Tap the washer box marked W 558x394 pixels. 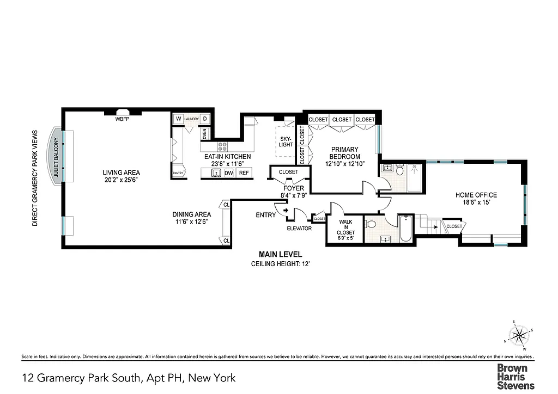[x=178, y=119]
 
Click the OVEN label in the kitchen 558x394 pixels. [x=205, y=133]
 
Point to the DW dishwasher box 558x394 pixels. [x=229, y=173]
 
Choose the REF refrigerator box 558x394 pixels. [x=244, y=173]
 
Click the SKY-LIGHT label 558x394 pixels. [x=286, y=141]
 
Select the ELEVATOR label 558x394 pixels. [x=299, y=229]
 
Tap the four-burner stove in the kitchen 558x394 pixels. [x=223, y=146]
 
